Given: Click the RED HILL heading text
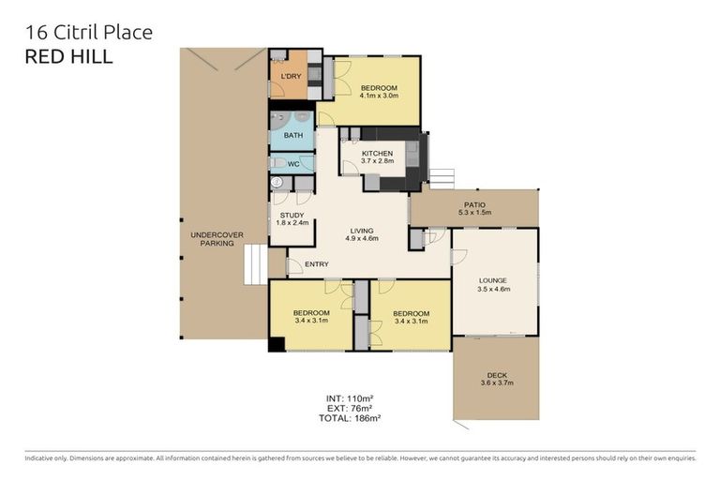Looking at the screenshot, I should click(x=68, y=57).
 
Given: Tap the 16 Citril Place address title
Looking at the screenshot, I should click(x=87, y=33).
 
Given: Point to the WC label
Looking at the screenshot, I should click(x=292, y=164).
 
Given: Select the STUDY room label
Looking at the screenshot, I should click(x=292, y=219).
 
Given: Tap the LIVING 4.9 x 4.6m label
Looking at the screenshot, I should click(x=362, y=234).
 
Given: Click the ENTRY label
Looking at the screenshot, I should click(x=317, y=264).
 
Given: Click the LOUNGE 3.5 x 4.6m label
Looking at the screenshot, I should click(x=493, y=284).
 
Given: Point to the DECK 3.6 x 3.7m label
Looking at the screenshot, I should click(x=497, y=378).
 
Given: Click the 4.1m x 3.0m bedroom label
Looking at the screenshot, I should click(x=380, y=92).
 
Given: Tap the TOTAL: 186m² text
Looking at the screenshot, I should click(x=346, y=418).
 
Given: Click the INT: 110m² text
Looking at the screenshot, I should click(x=346, y=398).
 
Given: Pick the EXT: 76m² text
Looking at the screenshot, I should click(x=346, y=409).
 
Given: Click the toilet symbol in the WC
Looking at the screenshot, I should click(x=277, y=163).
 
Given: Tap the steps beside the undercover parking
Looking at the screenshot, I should click(x=255, y=264).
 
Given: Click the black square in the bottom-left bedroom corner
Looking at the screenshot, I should click(x=277, y=344).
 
